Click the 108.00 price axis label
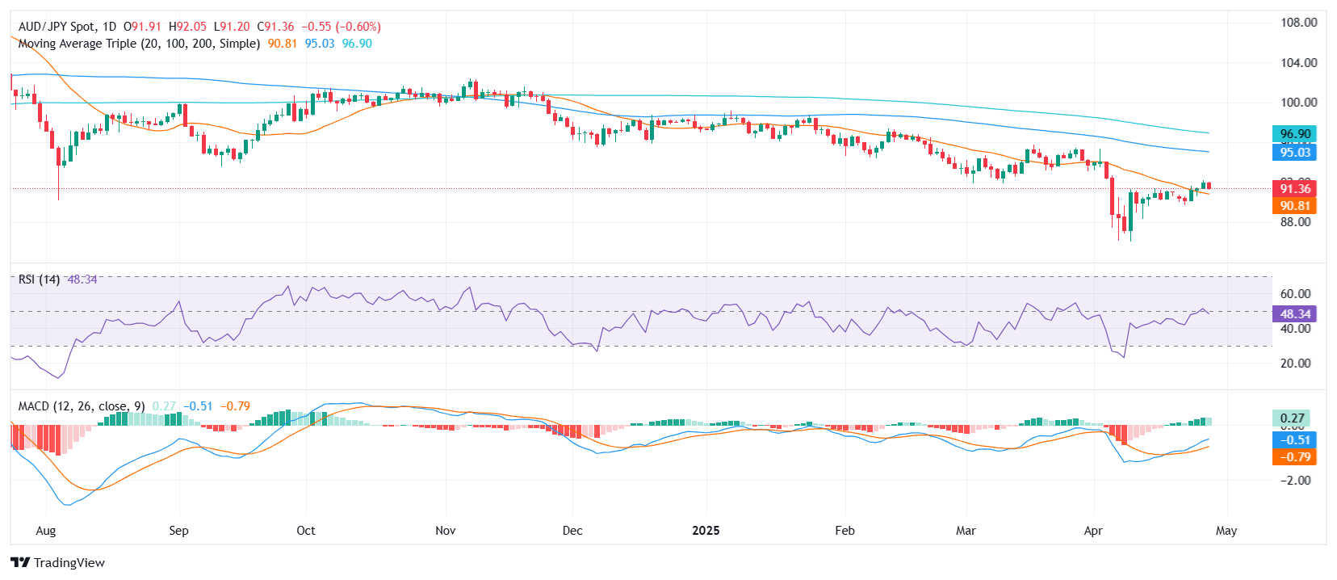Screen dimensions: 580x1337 [x=1298, y=23]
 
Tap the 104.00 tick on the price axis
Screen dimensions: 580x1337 [x=1298, y=62]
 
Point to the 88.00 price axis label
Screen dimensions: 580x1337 [x=1295, y=222]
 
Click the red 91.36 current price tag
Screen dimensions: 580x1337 [x=1294, y=188]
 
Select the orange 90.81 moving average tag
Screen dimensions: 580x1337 [x=1294, y=206]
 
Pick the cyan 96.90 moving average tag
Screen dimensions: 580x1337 [x=1294, y=134]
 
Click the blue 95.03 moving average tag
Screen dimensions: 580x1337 [x=1294, y=152]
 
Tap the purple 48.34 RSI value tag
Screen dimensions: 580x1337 [x=1294, y=313]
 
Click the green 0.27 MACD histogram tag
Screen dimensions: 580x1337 [x=1292, y=418]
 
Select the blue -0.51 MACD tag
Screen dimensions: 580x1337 [x=1294, y=439]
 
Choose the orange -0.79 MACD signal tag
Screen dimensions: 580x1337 [x=1294, y=456]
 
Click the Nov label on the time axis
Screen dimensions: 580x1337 [x=445, y=531]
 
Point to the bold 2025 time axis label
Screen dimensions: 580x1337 [x=706, y=531]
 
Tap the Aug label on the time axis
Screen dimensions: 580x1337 [x=46, y=531]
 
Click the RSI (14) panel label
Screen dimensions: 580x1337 [x=39, y=279]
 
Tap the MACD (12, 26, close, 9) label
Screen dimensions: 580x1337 [x=82, y=406]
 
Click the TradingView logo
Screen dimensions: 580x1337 [x=58, y=563]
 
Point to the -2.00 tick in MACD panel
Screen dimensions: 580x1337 [x=1295, y=480]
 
